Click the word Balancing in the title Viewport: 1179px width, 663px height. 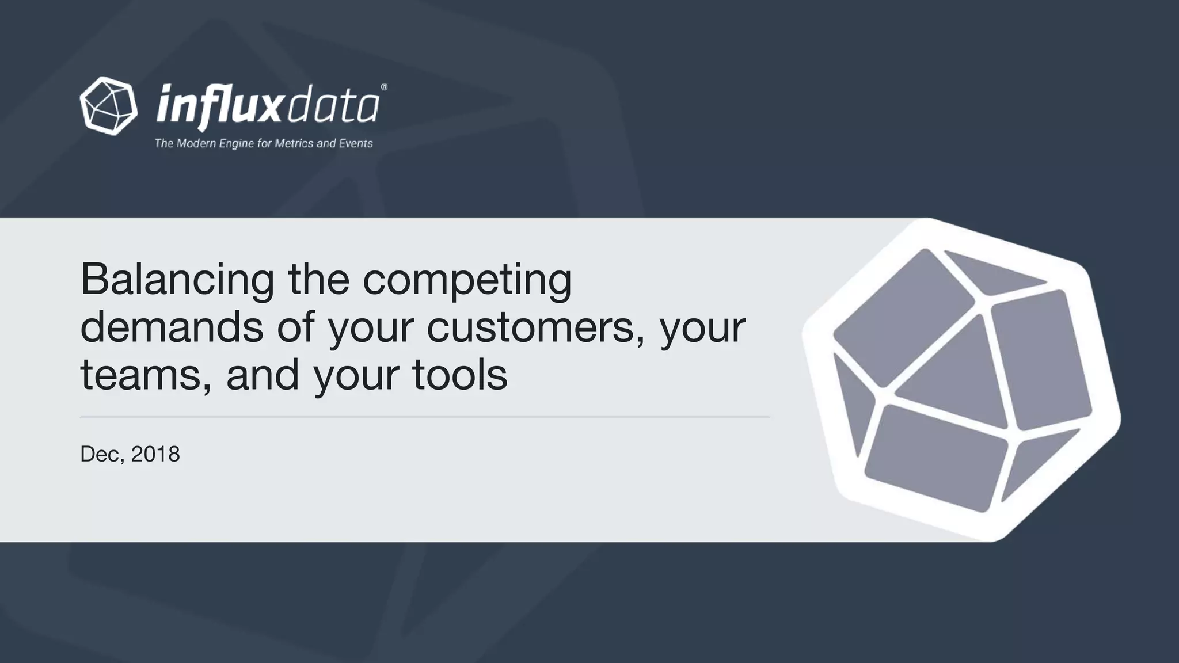point(177,280)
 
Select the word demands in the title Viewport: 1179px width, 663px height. point(172,327)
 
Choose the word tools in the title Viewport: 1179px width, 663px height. point(459,375)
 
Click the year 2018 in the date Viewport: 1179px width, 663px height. point(155,454)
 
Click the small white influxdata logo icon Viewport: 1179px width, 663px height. point(109,106)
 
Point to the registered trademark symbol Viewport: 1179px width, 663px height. point(384,87)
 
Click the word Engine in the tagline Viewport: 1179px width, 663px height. point(237,143)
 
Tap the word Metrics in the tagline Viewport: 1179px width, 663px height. point(294,143)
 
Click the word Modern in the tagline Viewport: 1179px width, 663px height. point(195,143)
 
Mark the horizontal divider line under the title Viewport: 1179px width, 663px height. point(424,417)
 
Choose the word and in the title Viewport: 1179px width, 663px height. point(263,375)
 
